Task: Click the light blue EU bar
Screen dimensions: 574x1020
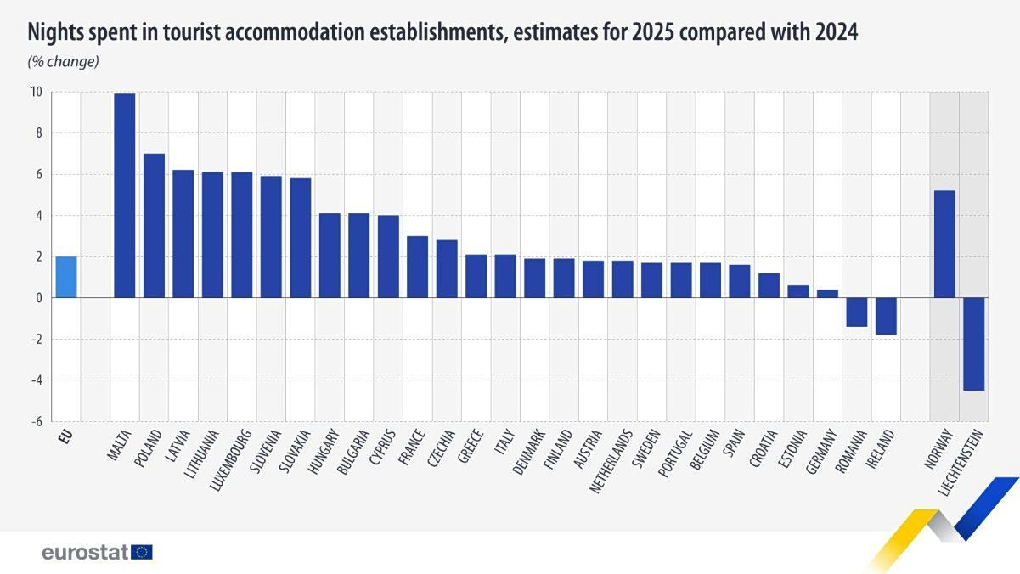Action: [x=66, y=277]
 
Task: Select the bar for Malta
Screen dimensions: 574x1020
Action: [x=125, y=195]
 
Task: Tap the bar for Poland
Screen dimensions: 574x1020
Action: [x=154, y=226]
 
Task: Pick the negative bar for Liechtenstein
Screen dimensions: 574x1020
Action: [x=973, y=344]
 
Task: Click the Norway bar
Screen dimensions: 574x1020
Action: [x=944, y=244]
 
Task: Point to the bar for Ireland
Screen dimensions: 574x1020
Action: [x=886, y=316]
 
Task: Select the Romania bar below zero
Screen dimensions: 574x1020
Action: [x=856, y=312]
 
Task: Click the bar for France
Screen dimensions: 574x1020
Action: [x=417, y=267]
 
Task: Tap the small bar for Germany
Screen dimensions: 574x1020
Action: [x=827, y=294]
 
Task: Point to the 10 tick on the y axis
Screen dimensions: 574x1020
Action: [x=37, y=92]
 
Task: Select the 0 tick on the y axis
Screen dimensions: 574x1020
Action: [x=39, y=298]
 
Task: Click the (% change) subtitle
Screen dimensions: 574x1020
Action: [x=64, y=61]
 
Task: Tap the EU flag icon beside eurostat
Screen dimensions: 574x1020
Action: [x=143, y=552]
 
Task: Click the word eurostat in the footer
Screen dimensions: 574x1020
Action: [x=85, y=552]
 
